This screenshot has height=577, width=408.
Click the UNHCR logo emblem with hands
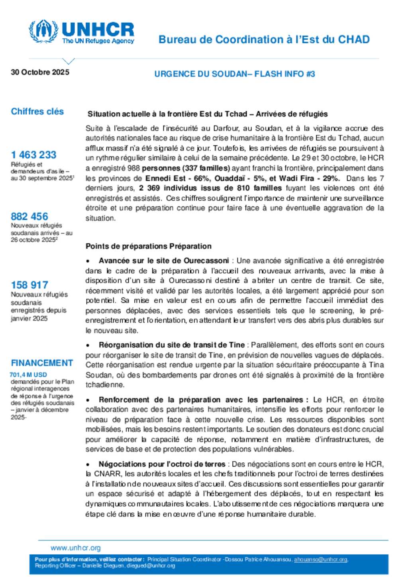click(43, 31)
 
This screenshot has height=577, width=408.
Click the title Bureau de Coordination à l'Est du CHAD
click(264, 39)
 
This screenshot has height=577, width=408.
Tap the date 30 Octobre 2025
click(40, 72)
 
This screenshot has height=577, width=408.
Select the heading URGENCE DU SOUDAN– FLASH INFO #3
click(235, 74)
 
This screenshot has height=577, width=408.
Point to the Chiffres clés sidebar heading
click(37, 111)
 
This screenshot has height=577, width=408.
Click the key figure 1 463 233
click(34, 155)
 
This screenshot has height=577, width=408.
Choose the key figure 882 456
click(29, 216)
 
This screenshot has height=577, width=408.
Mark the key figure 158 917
click(29, 285)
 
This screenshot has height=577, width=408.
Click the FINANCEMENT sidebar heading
click(42, 363)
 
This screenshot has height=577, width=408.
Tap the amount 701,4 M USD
click(28, 375)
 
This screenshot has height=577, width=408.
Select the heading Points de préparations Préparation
click(148, 246)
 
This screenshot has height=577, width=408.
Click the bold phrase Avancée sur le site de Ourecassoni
click(164, 261)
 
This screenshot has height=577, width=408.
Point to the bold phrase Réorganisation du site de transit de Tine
click(172, 345)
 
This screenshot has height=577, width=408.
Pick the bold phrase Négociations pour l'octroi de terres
click(162, 464)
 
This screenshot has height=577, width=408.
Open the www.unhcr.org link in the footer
click(76, 548)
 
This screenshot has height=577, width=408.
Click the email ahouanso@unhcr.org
click(321, 559)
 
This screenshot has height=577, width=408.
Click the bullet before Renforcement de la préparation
click(88, 400)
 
